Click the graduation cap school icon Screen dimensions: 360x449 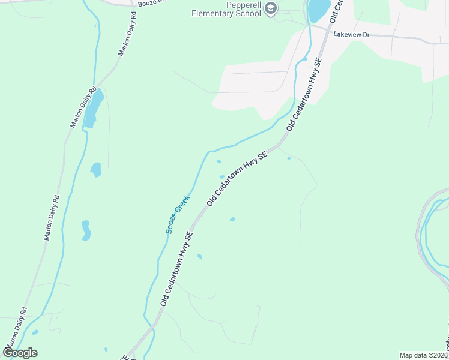click(270, 8)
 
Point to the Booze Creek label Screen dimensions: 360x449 click(178, 214)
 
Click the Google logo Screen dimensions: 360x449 click(20, 352)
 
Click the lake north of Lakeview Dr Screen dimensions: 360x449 click(318, 10)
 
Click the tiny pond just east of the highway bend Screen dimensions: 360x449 click(289, 158)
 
